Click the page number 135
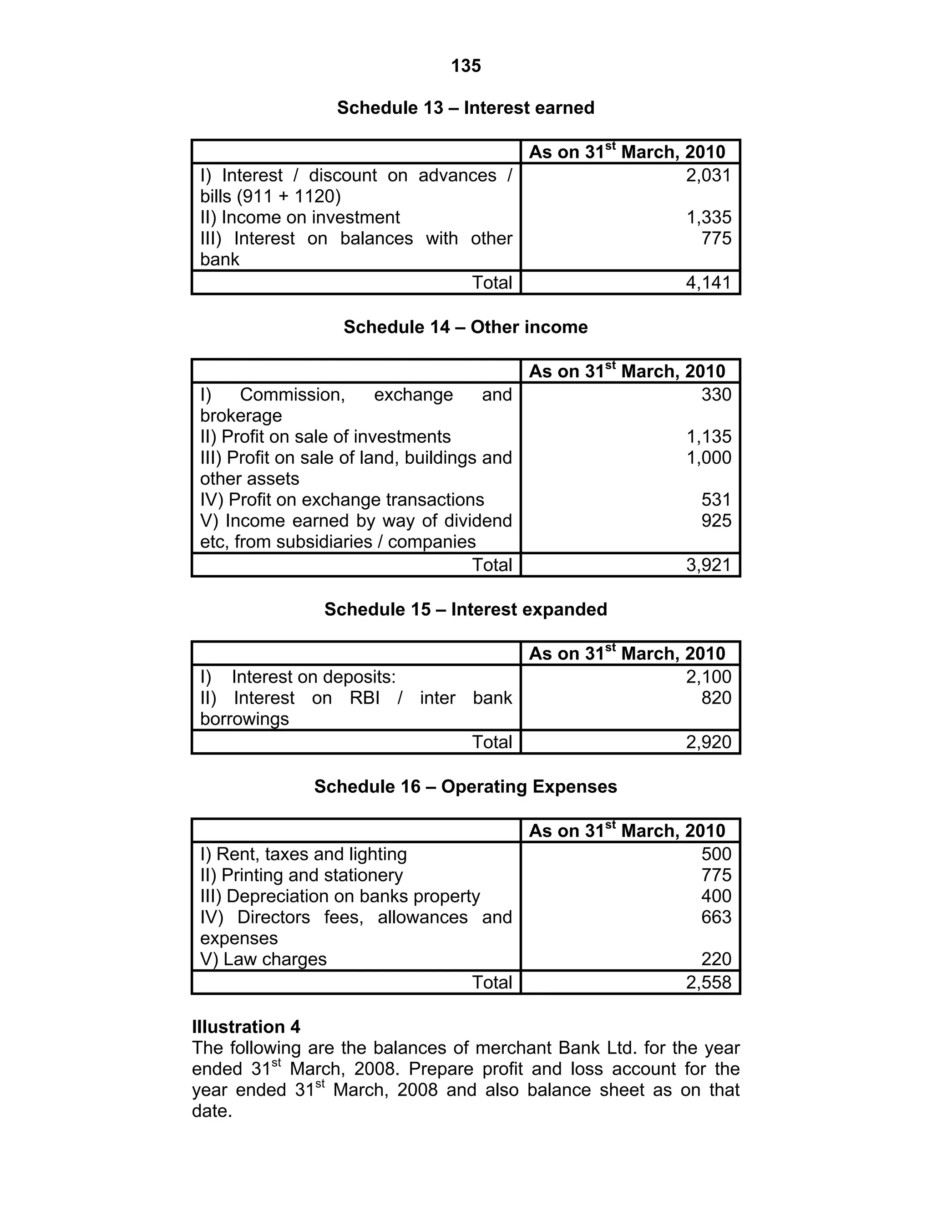click(466, 66)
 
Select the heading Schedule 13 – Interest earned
click(466, 108)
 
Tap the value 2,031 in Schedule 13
click(709, 175)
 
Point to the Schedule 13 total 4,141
click(709, 282)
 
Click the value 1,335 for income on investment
click(709, 217)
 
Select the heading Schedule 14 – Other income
click(466, 327)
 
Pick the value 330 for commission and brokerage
click(716, 394)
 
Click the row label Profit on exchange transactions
click(342, 499)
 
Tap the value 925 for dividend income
click(716, 520)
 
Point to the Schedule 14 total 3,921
click(709, 564)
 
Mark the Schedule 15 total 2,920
click(709, 742)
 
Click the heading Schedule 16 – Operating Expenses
click(466, 786)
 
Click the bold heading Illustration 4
click(246, 1027)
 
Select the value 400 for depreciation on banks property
click(716, 896)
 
